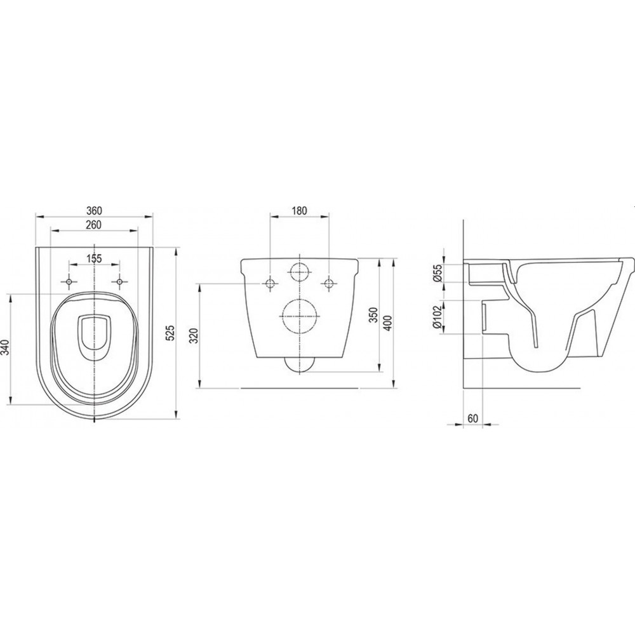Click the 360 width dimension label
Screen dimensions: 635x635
click(94, 211)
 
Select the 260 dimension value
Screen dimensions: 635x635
click(93, 225)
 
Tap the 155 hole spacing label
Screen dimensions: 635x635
click(94, 258)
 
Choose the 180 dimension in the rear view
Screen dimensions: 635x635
click(299, 211)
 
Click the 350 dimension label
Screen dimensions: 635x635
click(374, 315)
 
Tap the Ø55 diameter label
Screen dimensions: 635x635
click(438, 274)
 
